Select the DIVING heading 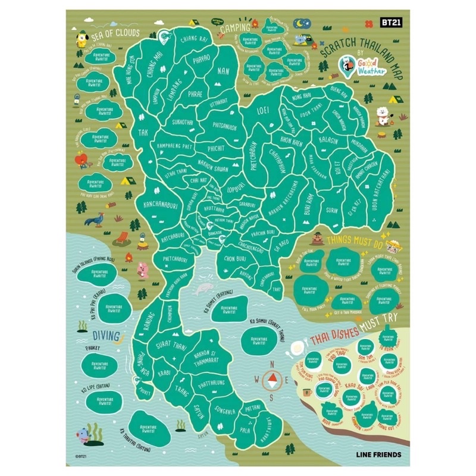pyautogui.click(x=98, y=335)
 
